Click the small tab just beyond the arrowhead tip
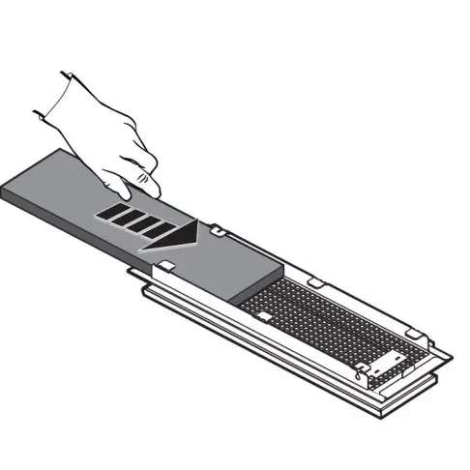point(219,233)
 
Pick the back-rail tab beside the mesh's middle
point(313,281)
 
